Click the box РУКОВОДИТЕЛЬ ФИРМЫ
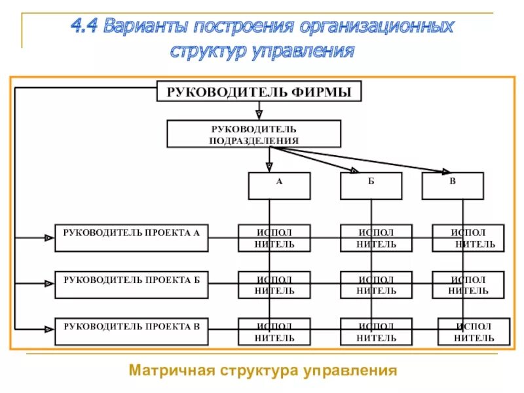pyautogui.click(x=259, y=92)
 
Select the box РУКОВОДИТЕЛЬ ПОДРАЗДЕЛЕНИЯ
pyautogui.click(x=254, y=134)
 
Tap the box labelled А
pyautogui.click(x=279, y=185)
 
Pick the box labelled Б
pyautogui.click(x=371, y=185)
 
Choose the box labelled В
pyautogui.click(x=453, y=185)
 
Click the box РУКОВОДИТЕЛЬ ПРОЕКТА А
pyautogui.click(x=131, y=238)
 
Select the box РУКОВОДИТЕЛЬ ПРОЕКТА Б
pyautogui.click(x=131, y=284)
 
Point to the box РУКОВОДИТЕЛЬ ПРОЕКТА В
pyautogui.click(x=131, y=331)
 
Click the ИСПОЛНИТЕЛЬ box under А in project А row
pyautogui.click(x=274, y=238)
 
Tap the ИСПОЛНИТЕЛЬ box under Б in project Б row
pyautogui.click(x=376, y=284)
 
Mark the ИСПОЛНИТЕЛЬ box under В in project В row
pyautogui.click(x=474, y=331)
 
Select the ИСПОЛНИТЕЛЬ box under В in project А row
pyautogui.click(x=468, y=238)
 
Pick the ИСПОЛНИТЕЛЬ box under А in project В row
pyautogui.click(x=274, y=331)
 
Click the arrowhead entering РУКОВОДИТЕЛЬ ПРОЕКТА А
pyautogui.click(x=49, y=238)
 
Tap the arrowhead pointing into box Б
pyautogui.click(x=354, y=170)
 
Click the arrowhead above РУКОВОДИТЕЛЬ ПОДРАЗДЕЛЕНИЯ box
pyautogui.click(x=259, y=114)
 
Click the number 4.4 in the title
pyautogui.click(x=85, y=28)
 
